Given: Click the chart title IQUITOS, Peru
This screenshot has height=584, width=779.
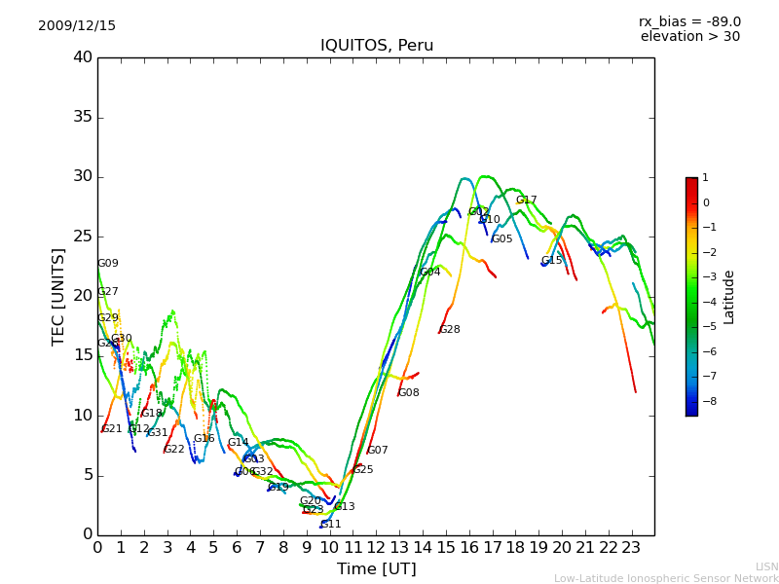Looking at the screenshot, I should coord(377,46).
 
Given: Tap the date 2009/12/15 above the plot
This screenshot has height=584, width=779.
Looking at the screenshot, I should coord(77,26).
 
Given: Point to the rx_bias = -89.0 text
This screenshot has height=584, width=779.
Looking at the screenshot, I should coord(689,21).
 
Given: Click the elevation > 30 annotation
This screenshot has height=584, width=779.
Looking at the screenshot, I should coord(689,37).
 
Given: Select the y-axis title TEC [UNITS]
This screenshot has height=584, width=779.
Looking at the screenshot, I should coord(58,297).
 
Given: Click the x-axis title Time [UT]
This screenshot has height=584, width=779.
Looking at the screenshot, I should coord(376,569).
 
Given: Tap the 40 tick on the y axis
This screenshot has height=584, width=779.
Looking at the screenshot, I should coord(83,57).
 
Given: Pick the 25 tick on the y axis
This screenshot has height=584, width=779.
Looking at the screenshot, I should coord(83,237).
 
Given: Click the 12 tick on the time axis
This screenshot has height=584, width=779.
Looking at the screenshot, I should coord(376,548).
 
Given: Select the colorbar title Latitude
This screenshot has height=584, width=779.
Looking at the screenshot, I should coord(728,297).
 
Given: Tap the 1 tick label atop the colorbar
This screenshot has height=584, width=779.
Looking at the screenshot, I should coord(705,178).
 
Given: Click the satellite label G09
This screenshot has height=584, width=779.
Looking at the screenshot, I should coord(108,264).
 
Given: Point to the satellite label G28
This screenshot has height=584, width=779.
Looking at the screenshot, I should coord(450,330).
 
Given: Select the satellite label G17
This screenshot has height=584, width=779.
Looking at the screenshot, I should coord(527,201).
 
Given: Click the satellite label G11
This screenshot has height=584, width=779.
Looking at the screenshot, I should coord(331,525).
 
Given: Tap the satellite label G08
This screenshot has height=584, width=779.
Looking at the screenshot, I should coord(409,393).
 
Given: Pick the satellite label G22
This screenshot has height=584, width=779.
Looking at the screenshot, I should coord(174,450).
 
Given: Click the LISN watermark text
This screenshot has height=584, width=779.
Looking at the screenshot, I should coord(766,566).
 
